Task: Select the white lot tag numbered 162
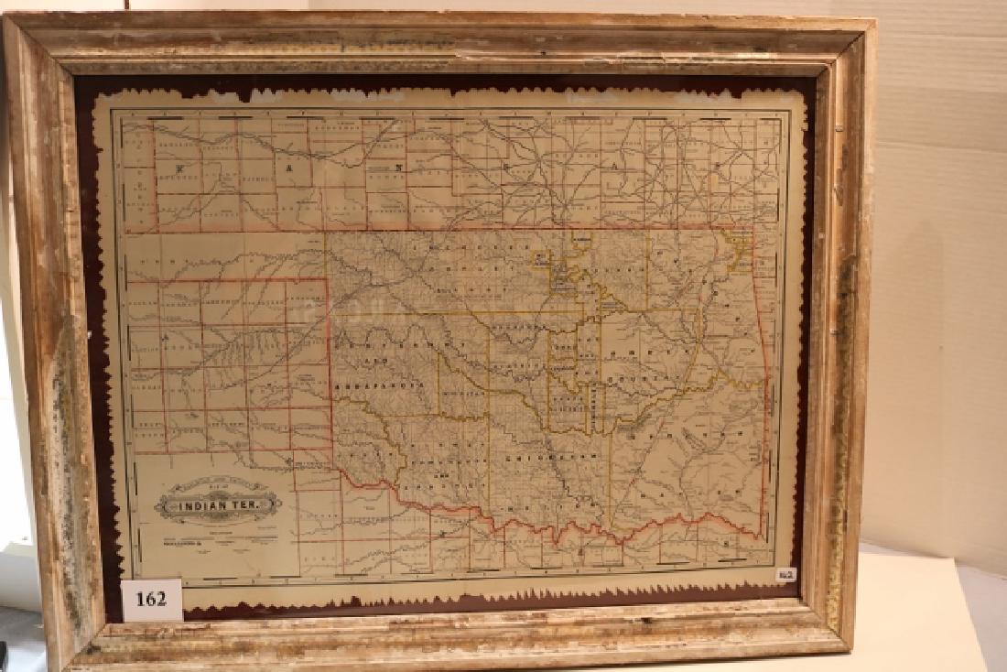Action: pos(150,599)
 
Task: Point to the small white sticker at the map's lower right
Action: pos(786,575)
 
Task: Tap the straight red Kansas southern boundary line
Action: pos(549,228)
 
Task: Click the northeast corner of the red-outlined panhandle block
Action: pos(327,280)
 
